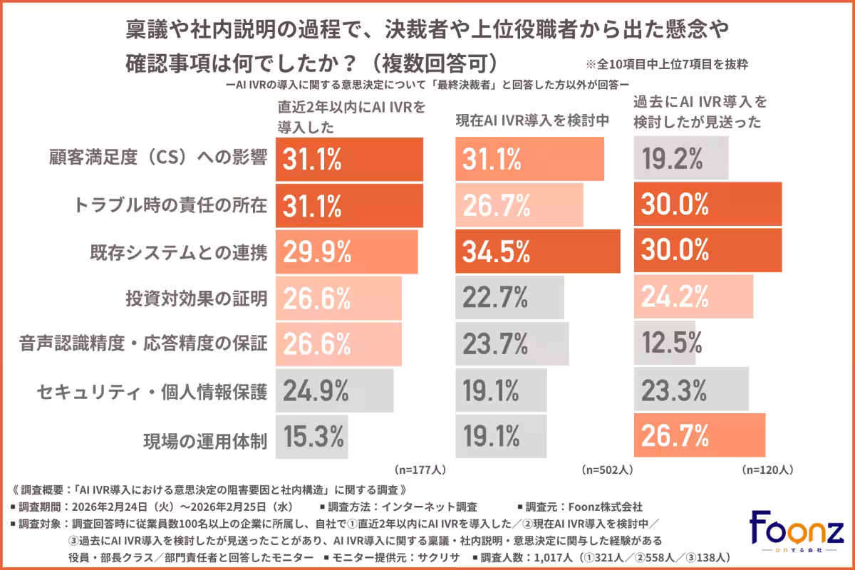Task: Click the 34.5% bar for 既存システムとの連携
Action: pyautogui.click(x=537, y=252)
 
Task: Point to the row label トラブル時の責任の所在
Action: pyautogui.click(x=170, y=205)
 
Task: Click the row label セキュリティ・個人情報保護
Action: pyautogui.click(x=152, y=390)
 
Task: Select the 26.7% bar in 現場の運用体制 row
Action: pyautogui.click(x=700, y=435)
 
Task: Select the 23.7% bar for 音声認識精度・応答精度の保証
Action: pyautogui.click(x=512, y=343)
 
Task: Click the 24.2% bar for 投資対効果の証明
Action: pyautogui.click(x=693, y=298)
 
